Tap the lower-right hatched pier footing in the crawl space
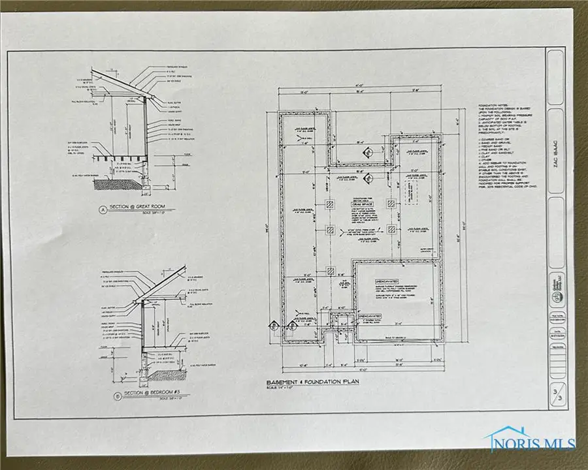(x=390, y=230)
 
